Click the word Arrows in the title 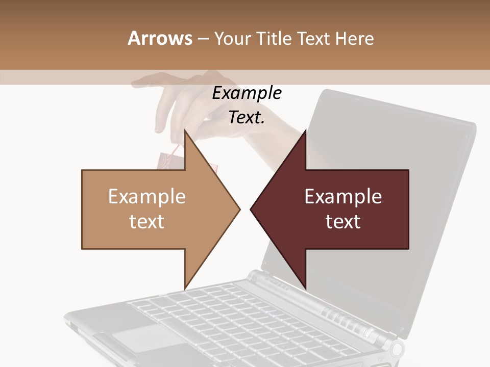click(160, 38)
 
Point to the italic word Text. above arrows click(247, 117)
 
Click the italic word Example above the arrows click(247, 93)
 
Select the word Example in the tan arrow click(146, 197)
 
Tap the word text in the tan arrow click(146, 222)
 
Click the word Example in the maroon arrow click(343, 197)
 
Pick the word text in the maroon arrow click(343, 222)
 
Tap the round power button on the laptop click(397, 349)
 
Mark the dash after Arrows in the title click(202, 39)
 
